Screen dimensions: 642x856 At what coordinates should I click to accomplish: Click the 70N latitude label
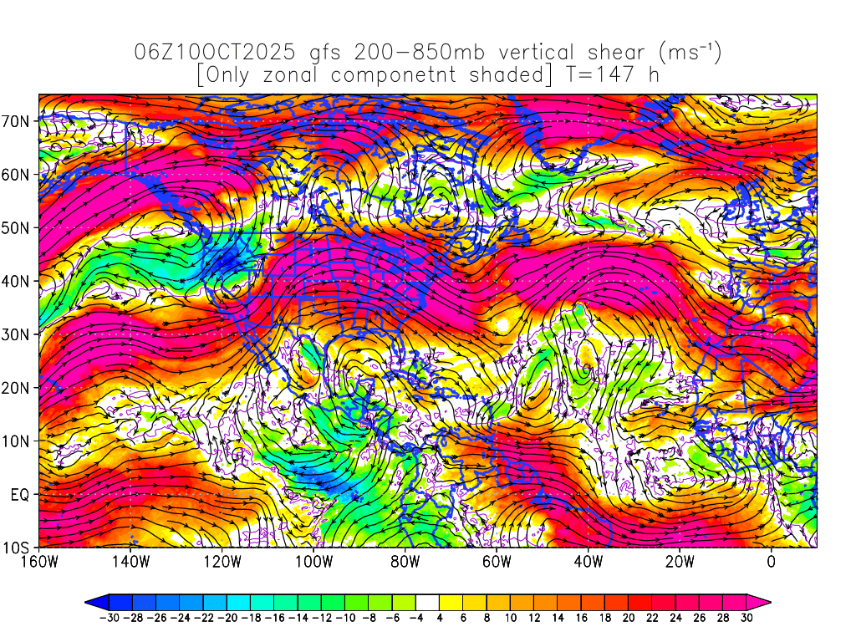pyautogui.click(x=19, y=121)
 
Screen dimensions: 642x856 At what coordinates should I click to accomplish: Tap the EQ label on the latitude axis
pyautogui.click(x=22, y=495)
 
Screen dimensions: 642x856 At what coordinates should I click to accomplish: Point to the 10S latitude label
pyautogui.click(x=19, y=548)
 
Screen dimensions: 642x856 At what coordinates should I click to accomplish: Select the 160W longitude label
pyautogui.click(x=39, y=562)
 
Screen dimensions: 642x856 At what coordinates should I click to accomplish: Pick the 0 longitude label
pyautogui.click(x=772, y=562)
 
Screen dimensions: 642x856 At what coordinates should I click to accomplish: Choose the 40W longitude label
pyautogui.click(x=588, y=562)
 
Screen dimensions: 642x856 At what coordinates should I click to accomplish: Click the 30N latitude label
pyautogui.click(x=19, y=334)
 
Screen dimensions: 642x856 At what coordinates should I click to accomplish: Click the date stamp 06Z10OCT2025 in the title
pyautogui.click(x=214, y=53)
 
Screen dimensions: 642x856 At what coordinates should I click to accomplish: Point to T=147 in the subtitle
pyautogui.click(x=602, y=75)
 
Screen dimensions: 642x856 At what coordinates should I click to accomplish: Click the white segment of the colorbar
pyautogui.click(x=427, y=602)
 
